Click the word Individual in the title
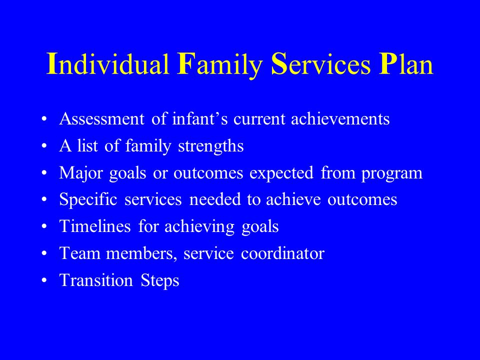(x=108, y=64)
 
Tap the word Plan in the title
(x=406, y=64)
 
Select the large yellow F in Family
(x=184, y=63)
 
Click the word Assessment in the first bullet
(x=101, y=119)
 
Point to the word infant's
(x=200, y=118)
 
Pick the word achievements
(x=340, y=118)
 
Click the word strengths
(x=211, y=146)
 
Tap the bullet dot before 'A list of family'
(x=44, y=146)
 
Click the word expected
(x=281, y=173)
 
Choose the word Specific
(x=88, y=199)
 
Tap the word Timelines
(x=95, y=226)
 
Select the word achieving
(x=199, y=227)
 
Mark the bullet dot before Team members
(x=44, y=254)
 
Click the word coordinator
(x=282, y=253)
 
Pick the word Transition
(x=96, y=280)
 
